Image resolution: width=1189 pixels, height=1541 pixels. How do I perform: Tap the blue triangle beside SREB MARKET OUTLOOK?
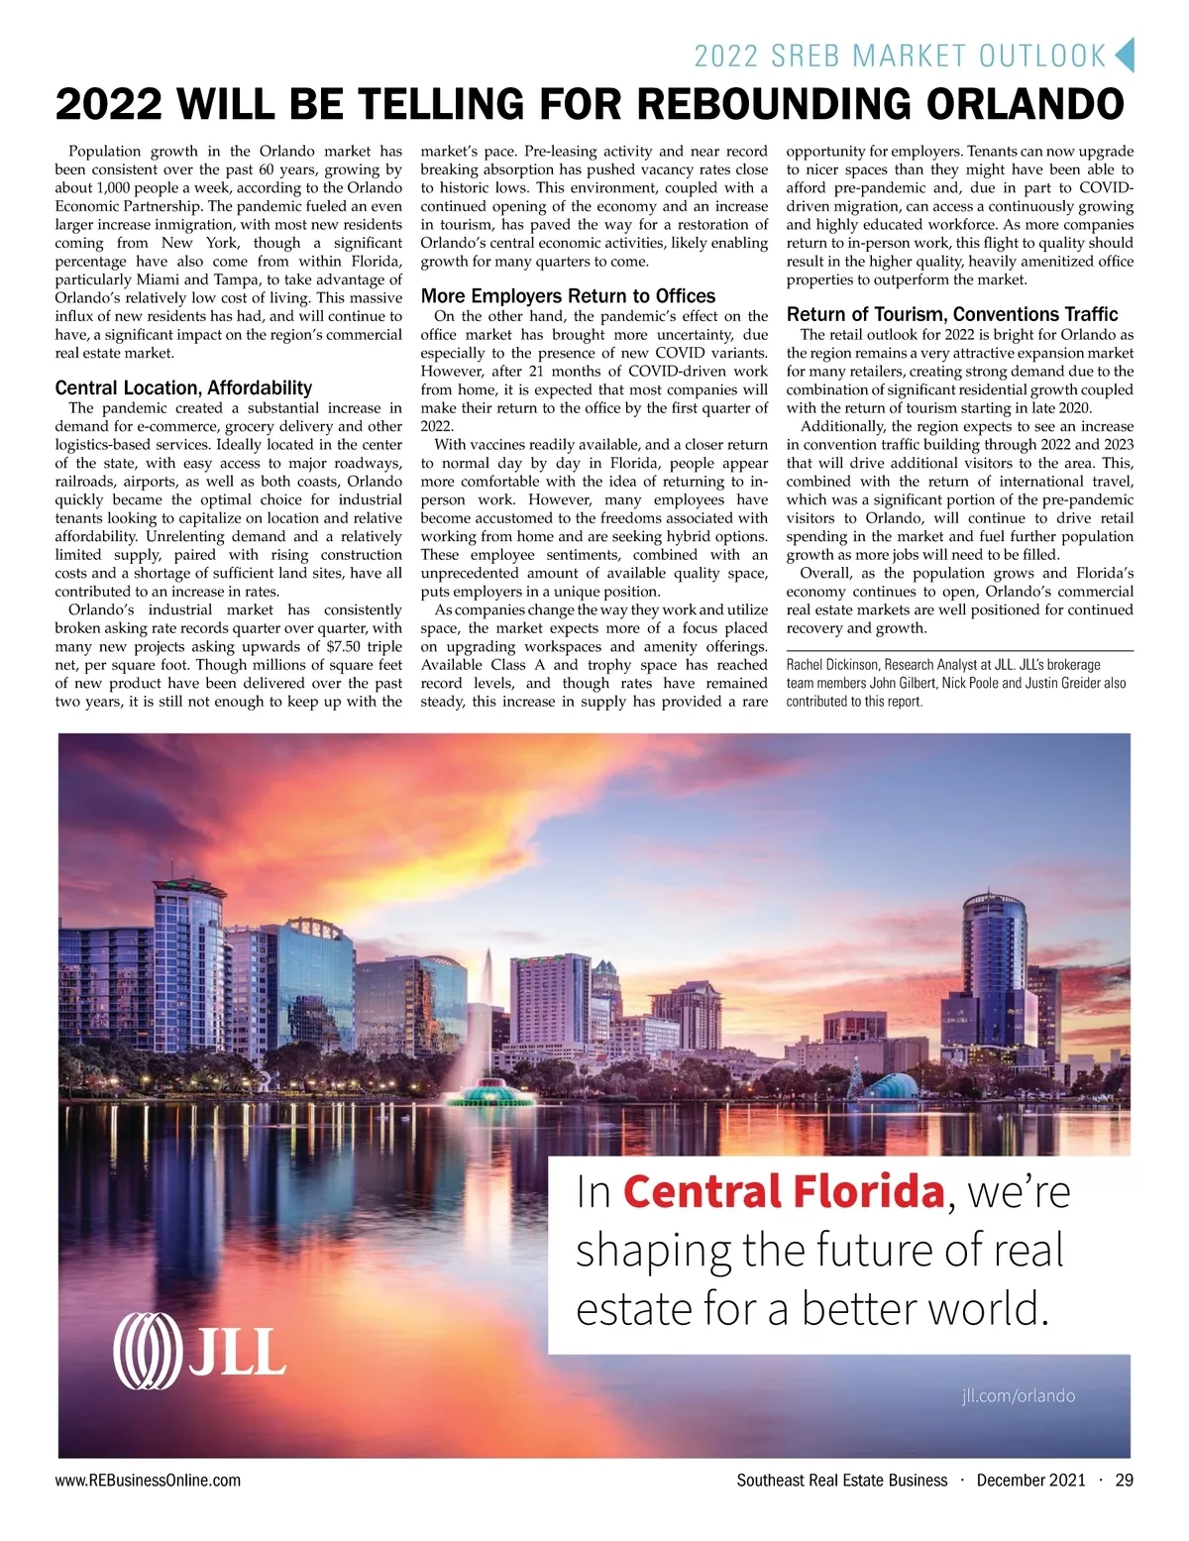click(x=1124, y=55)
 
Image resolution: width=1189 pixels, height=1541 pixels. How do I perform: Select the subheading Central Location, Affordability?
click(x=183, y=388)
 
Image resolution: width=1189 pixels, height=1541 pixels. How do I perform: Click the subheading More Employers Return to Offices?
click(x=568, y=296)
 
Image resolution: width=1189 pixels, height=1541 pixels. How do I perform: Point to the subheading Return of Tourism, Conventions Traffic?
click(x=952, y=315)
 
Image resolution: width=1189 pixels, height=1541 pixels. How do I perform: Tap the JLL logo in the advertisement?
click(x=199, y=1350)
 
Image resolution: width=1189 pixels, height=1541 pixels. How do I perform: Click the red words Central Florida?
click(x=783, y=1191)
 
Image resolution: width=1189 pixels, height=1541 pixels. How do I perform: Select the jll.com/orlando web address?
click(x=1018, y=1395)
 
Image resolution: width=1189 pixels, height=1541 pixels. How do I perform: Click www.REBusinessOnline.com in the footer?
click(x=148, y=1481)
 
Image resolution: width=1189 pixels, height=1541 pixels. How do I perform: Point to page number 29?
click(x=1124, y=1481)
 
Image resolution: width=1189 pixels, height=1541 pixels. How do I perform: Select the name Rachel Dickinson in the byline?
click(x=831, y=665)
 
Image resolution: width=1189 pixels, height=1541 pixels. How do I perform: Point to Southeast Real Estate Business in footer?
click(x=841, y=1481)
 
